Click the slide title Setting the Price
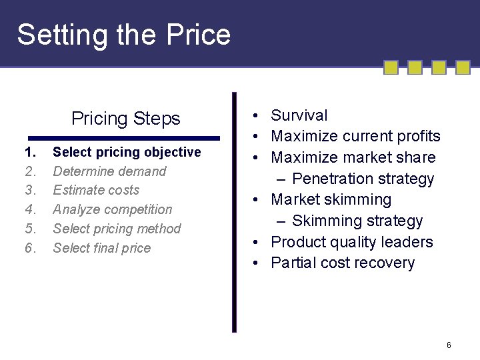pyautogui.click(x=124, y=35)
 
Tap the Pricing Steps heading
pyautogui.click(x=126, y=119)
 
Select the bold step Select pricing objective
pyautogui.click(x=127, y=152)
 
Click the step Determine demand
pyautogui.click(x=109, y=171)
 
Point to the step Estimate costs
pyautogui.click(x=96, y=190)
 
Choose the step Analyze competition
pyautogui.click(x=112, y=209)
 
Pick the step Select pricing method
pyautogui.click(x=117, y=229)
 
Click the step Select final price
pyautogui.click(x=102, y=248)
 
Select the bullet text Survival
pyautogui.click(x=299, y=115)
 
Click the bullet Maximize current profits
pyautogui.click(x=355, y=136)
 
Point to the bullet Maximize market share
pyautogui.click(x=353, y=157)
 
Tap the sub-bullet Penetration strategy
pyautogui.click(x=363, y=179)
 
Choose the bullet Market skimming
pyautogui.click(x=331, y=199)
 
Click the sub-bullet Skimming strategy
pyautogui.click(x=357, y=221)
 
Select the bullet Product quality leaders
pyautogui.click(x=352, y=242)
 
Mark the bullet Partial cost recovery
pyautogui.click(x=343, y=263)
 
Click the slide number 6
pyautogui.click(x=449, y=345)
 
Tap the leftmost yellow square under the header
pyautogui.click(x=391, y=67)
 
